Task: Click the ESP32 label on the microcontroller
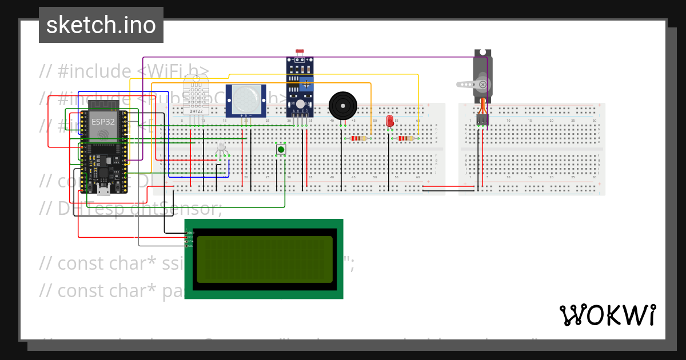[99, 122]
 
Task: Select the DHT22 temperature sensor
[196, 94]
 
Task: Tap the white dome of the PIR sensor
[245, 101]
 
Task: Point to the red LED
[390, 121]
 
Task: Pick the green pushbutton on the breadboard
[281, 150]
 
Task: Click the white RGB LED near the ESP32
[222, 148]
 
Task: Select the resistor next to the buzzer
[357, 138]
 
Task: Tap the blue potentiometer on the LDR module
[308, 85]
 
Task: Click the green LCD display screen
[264, 259]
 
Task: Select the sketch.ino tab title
[101, 25]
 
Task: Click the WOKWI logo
[607, 315]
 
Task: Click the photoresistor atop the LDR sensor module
[300, 52]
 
